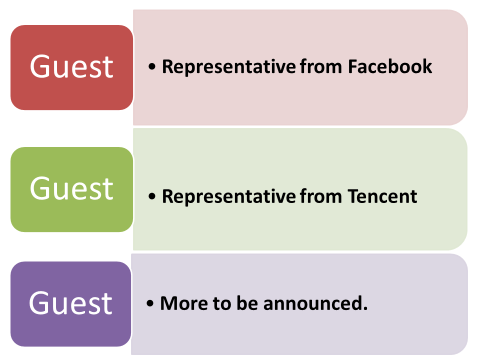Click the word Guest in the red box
71,66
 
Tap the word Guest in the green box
71,188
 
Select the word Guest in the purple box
70,303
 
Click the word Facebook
390,66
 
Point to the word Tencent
382,196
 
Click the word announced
315,303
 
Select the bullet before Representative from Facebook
152,66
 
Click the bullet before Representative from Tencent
152,196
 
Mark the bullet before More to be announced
150,303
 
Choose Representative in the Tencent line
228,197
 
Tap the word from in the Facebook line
321,66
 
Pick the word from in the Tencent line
321,196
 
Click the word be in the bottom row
247,303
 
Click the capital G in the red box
40,66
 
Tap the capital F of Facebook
353,66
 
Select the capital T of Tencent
354,196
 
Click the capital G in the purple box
39,303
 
